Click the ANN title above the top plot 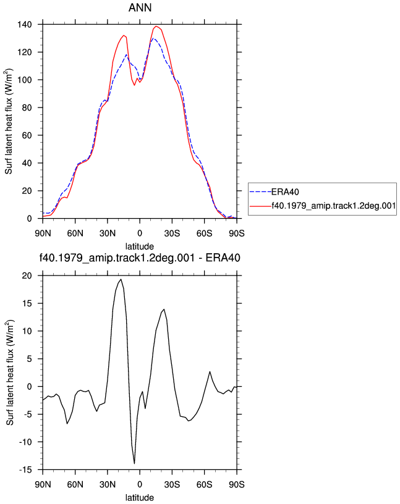(x=140, y=7)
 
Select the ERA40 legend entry (x=274, y=192)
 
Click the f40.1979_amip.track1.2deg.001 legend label (x=334, y=206)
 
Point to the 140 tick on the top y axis (x=25, y=25)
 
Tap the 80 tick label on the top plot (x=27, y=107)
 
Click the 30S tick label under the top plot (x=172, y=233)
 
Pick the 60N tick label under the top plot (x=75, y=233)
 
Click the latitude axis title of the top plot (x=140, y=246)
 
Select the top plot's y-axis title (x=9, y=121)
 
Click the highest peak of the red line (x=156, y=26)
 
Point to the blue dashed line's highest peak (x=154, y=38)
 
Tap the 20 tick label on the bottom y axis (x=27, y=276)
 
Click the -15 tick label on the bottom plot (x=25, y=470)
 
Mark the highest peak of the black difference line (x=121, y=279)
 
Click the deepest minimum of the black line (x=135, y=463)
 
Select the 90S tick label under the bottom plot (x=237, y=484)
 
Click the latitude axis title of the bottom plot (x=140, y=498)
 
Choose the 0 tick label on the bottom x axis (x=140, y=484)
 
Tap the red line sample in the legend (x=260, y=206)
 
